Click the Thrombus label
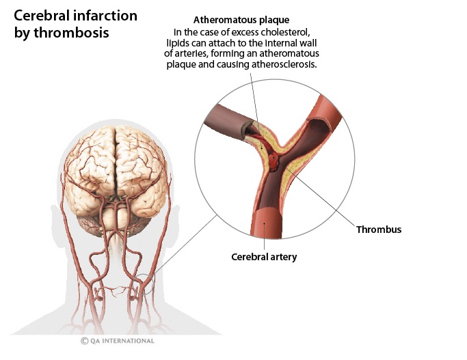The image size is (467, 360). (x=378, y=230)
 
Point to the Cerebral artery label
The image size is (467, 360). (x=264, y=257)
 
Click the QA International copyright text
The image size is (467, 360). (x=122, y=341)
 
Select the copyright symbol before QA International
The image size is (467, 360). (x=85, y=341)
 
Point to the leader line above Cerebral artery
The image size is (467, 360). (x=265, y=236)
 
